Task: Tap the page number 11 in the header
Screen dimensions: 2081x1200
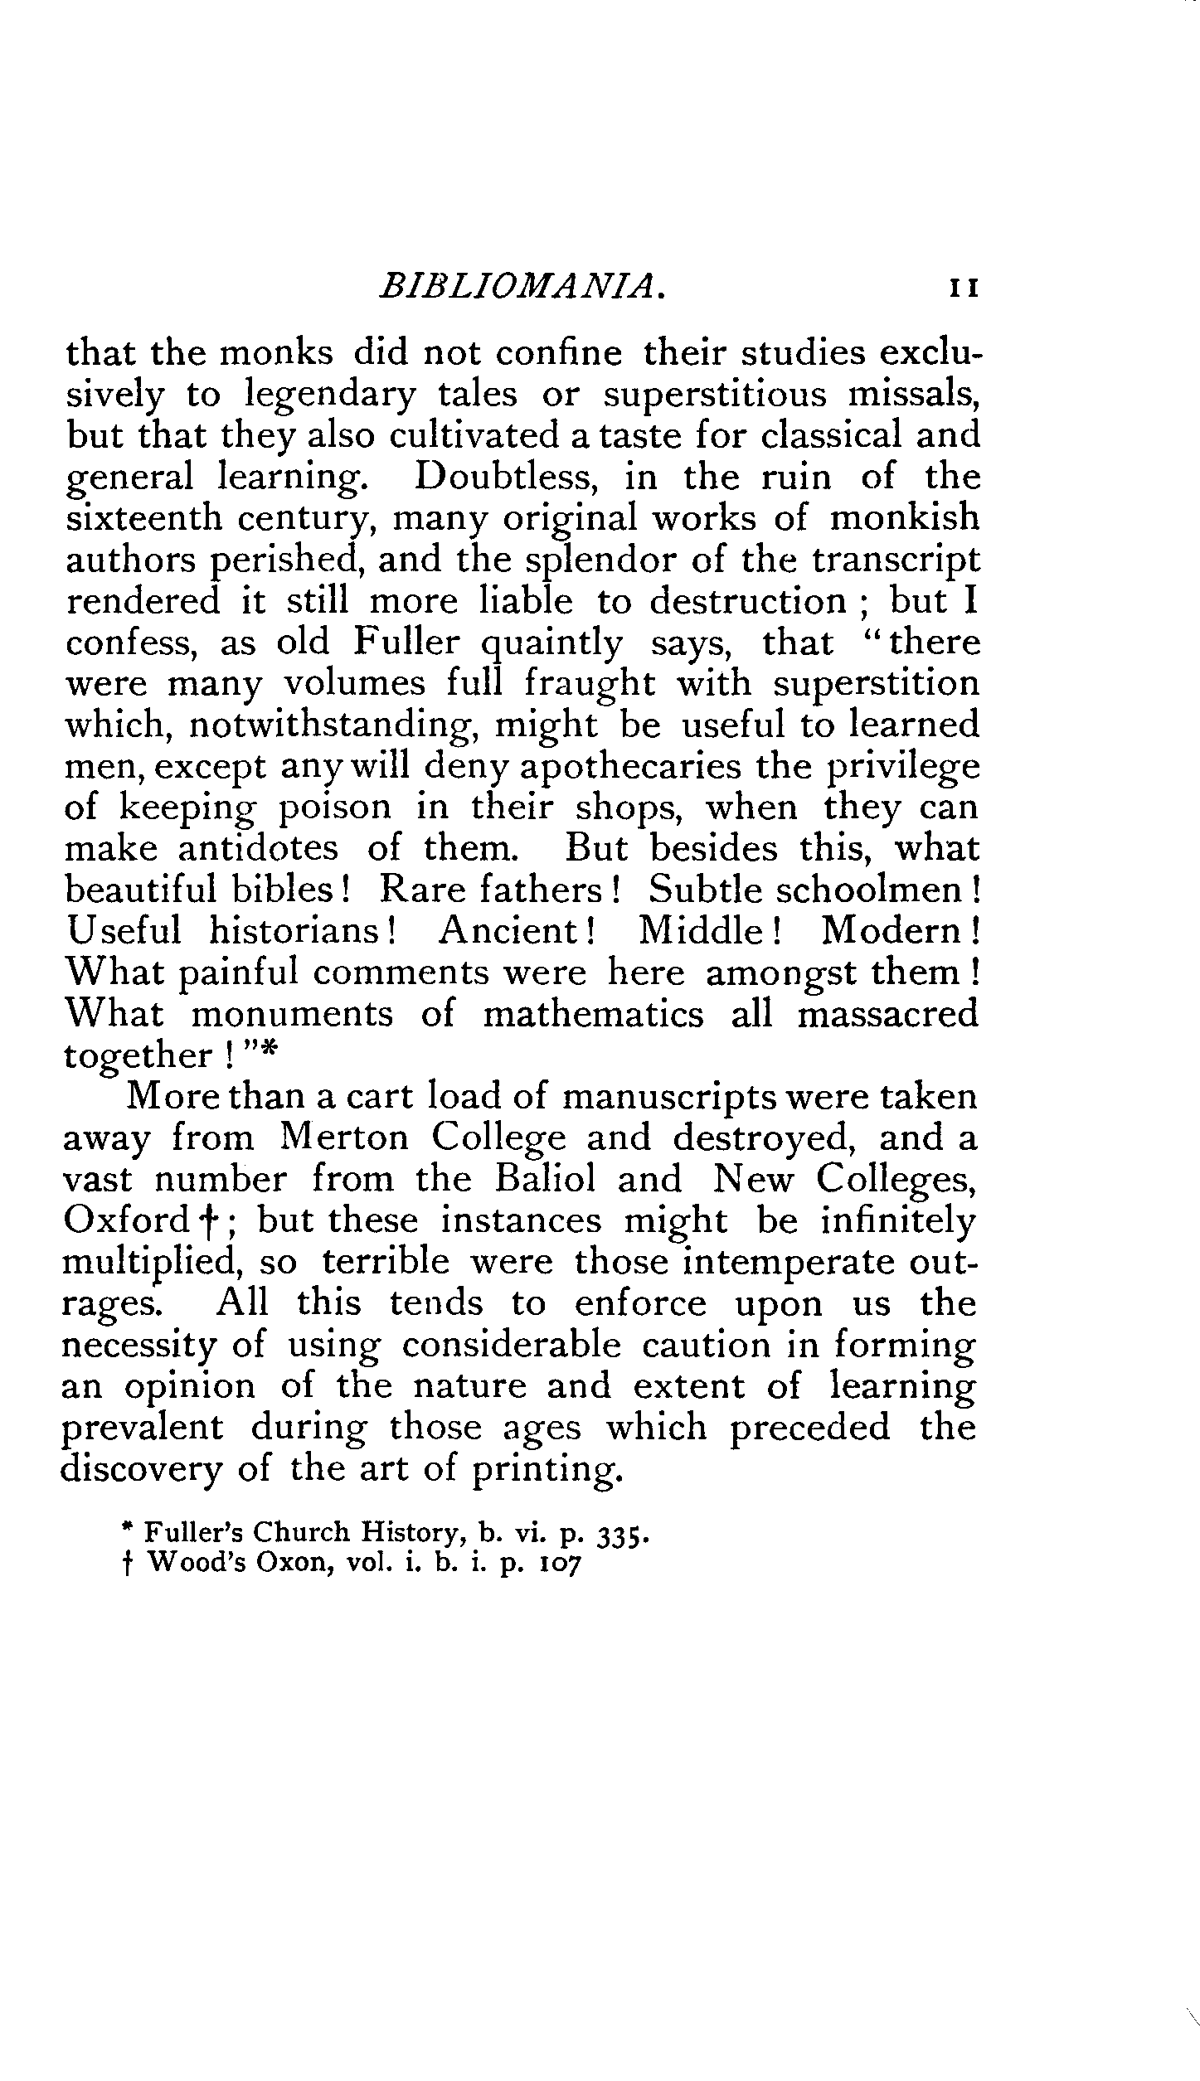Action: click(x=965, y=289)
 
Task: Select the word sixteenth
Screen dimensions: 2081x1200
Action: click(x=142, y=518)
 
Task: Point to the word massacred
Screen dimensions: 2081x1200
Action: click(x=887, y=1014)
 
